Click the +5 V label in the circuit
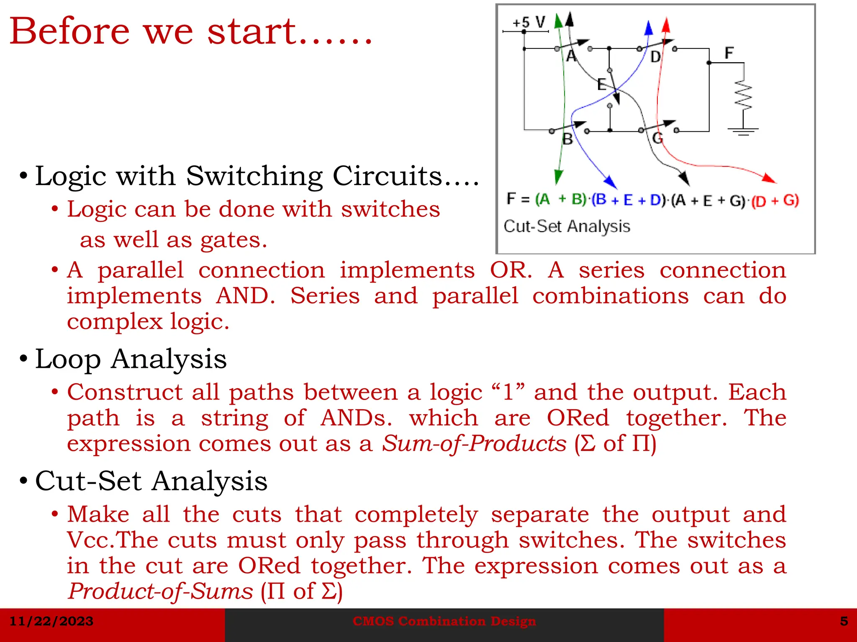pos(529,22)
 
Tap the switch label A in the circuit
pos(571,56)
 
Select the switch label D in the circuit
pos(655,56)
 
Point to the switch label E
pos(601,84)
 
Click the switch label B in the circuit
pos(567,139)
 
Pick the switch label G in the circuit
pos(658,138)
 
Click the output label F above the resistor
pos(729,53)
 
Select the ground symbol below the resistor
pos(743,132)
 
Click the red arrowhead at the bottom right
pos(769,178)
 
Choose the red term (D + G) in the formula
pos(775,201)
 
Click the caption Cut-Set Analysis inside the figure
pos(567,226)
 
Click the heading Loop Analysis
pos(131,359)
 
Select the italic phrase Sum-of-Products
pos(474,443)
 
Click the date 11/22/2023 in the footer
pos(51,621)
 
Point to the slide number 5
pos(844,621)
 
